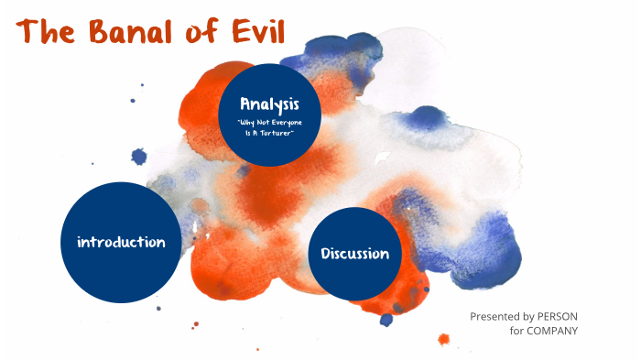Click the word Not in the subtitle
tap(264, 122)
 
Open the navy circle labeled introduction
tap(121, 243)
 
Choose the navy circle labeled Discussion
tap(354, 254)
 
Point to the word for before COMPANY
tap(518, 331)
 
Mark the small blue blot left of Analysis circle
tap(139, 157)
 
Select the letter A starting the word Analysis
tap(245, 103)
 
